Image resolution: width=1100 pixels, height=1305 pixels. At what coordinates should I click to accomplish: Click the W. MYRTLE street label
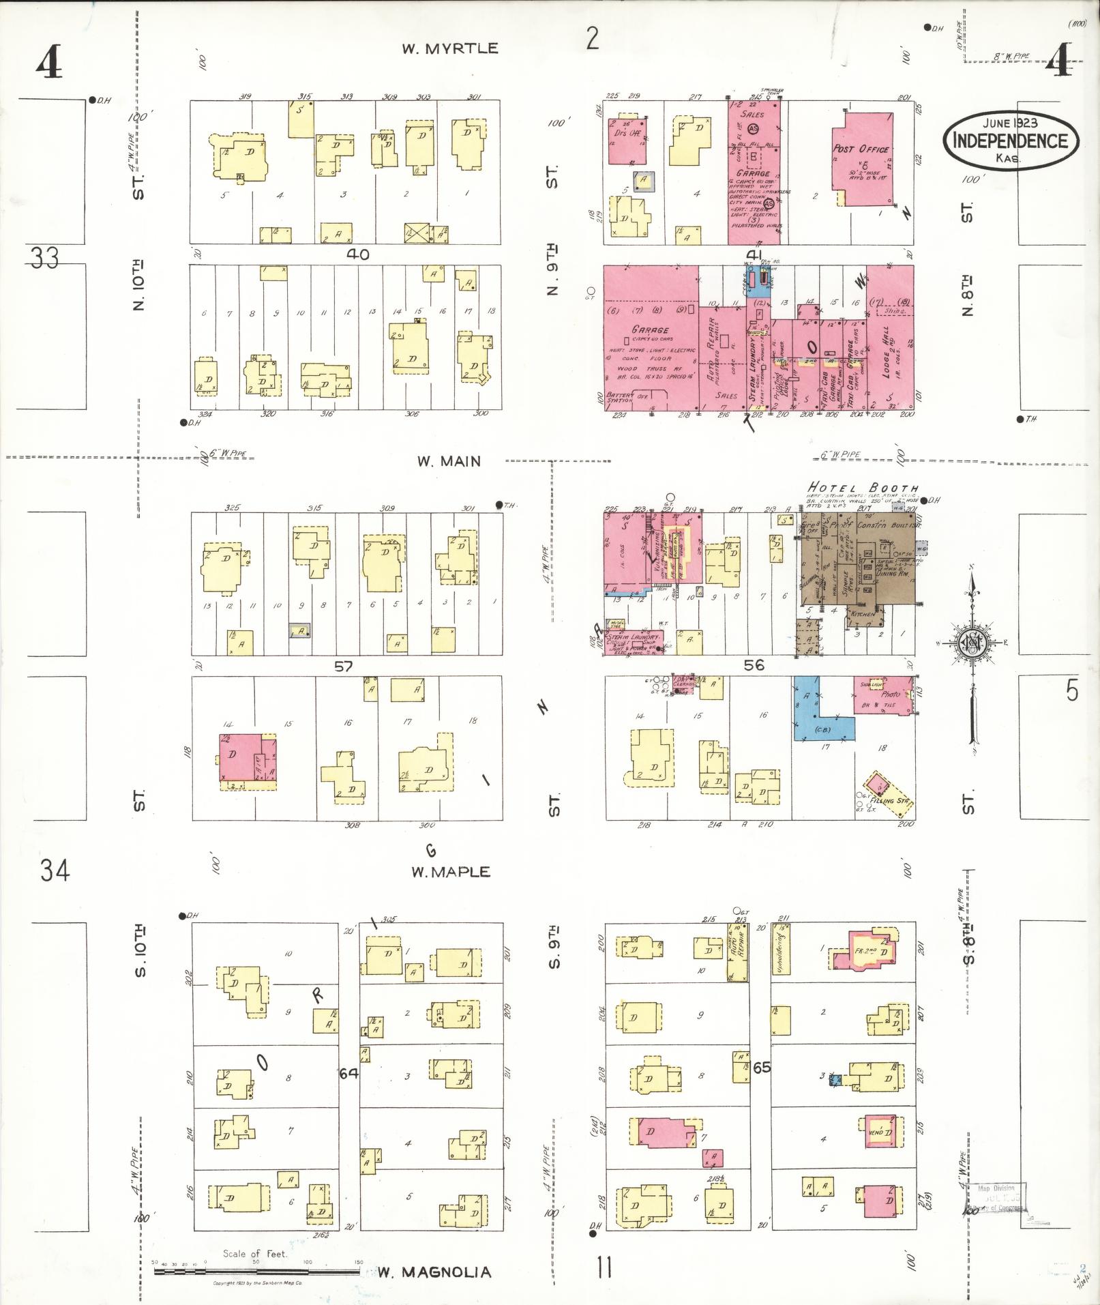[449, 48]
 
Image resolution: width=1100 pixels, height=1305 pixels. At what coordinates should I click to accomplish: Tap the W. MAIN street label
[449, 462]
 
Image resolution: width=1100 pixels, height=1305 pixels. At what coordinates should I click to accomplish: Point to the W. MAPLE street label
[450, 872]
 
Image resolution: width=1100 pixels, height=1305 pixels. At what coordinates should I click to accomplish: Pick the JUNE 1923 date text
[1010, 123]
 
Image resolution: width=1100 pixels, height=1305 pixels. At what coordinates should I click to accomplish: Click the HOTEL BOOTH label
[862, 488]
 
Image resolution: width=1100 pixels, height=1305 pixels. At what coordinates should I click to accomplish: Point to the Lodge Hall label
[886, 356]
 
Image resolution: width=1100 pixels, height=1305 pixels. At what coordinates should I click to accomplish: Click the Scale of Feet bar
[257, 1272]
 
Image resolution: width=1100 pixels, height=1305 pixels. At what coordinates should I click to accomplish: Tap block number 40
[357, 254]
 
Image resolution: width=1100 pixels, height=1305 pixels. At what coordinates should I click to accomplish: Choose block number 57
[343, 666]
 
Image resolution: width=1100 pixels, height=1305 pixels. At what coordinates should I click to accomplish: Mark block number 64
[348, 1073]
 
